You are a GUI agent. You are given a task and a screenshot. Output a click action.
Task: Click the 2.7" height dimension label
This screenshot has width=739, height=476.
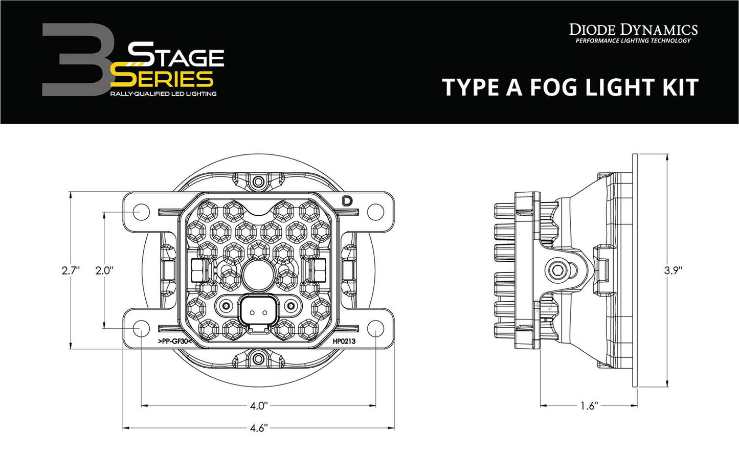(71, 270)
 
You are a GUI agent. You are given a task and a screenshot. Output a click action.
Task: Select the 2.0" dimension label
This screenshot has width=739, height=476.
(104, 270)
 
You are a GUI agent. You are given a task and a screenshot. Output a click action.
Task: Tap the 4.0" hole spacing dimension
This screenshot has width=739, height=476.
(258, 406)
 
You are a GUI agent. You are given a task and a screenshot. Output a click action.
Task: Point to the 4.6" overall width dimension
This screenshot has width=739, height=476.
(258, 428)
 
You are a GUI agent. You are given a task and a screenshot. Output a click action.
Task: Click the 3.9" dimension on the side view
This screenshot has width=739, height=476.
(673, 270)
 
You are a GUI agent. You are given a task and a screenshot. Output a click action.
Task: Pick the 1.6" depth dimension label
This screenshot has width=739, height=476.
(589, 406)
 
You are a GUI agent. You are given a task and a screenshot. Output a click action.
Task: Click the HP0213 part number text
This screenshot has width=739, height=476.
(344, 341)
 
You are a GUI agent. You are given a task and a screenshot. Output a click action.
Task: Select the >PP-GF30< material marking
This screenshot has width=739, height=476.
(171, 341)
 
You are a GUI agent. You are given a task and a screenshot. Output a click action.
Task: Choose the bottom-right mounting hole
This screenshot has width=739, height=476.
(375, 329)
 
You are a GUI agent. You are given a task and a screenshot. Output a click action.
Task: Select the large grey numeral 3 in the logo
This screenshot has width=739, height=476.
(77, 60)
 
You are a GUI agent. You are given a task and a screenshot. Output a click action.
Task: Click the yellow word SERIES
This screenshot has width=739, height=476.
(162, 79)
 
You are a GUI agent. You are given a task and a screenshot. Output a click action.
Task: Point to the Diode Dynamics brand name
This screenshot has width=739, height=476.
(633, 30)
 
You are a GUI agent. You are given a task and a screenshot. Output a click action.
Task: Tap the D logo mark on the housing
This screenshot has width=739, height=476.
(347, 201)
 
